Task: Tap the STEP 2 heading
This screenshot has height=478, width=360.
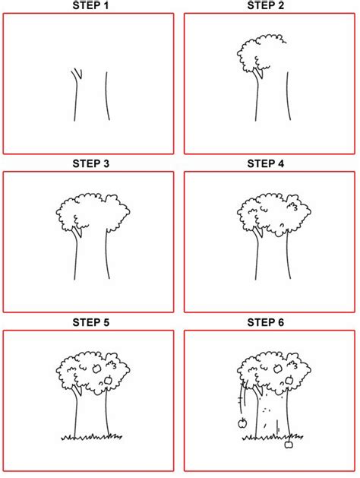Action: tap(266, 6)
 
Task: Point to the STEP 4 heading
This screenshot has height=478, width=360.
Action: tap(266, 163)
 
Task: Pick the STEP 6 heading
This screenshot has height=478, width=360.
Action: tap(266, 322)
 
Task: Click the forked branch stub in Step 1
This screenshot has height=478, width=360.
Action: tap(77, 74)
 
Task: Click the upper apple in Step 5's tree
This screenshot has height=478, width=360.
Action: tap(96, 368)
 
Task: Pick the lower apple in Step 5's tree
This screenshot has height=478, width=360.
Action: tap(108, 379)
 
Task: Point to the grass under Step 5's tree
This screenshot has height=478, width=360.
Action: tap(91, 437)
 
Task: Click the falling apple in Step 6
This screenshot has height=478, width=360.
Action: tap(242, 423)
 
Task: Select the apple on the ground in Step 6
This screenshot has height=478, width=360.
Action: tap(289, 447)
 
